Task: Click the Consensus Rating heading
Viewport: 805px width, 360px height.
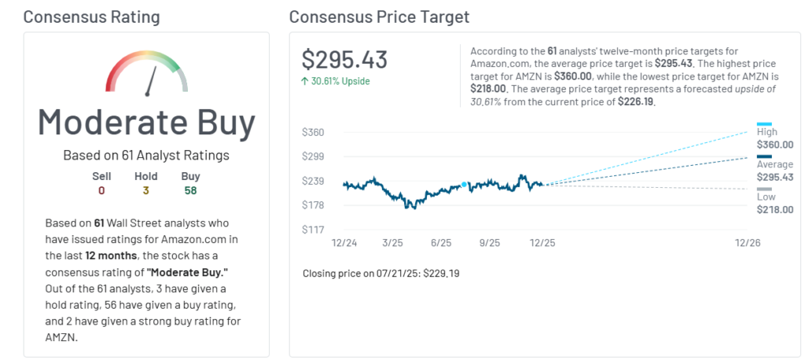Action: (x=91, y=17)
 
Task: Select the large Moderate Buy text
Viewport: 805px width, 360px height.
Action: (x=147, y=123)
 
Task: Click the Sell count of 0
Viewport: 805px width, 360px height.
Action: (x=101, y=190)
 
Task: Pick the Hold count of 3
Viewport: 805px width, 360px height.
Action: (x=145, y=190)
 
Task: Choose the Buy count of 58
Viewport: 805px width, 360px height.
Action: (x=190, y=190)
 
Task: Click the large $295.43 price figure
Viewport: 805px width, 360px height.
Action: (x=344, y=60)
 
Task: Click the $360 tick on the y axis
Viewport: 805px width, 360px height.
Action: (x=314, y=132)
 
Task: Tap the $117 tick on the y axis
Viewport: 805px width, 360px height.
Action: (x=314, y=230)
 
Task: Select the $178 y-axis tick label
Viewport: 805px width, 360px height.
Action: (x=314, y=205)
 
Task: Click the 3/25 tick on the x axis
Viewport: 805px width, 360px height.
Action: (x=392, y=244)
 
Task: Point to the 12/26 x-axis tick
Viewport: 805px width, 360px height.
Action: (x=747, y=244)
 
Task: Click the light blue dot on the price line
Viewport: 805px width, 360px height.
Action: (x=464, y=185)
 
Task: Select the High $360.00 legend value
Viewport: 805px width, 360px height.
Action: (x=774, y=145)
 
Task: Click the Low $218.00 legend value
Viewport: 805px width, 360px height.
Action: (x=774, y=210)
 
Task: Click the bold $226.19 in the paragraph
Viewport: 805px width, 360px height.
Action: (x=635, y=101)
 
